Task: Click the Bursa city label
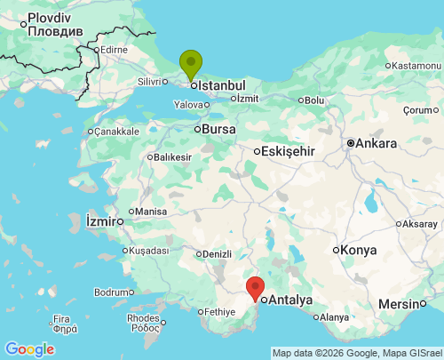[218, 129]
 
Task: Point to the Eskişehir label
[288, 151]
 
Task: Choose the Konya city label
[358, 250]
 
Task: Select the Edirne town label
[115, 50]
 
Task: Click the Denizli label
[217, 253]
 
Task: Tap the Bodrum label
[110, 292]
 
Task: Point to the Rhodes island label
[143, 317]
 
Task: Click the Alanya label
[333, 316]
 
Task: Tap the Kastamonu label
[415, 66]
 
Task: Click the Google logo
[28, 348]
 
